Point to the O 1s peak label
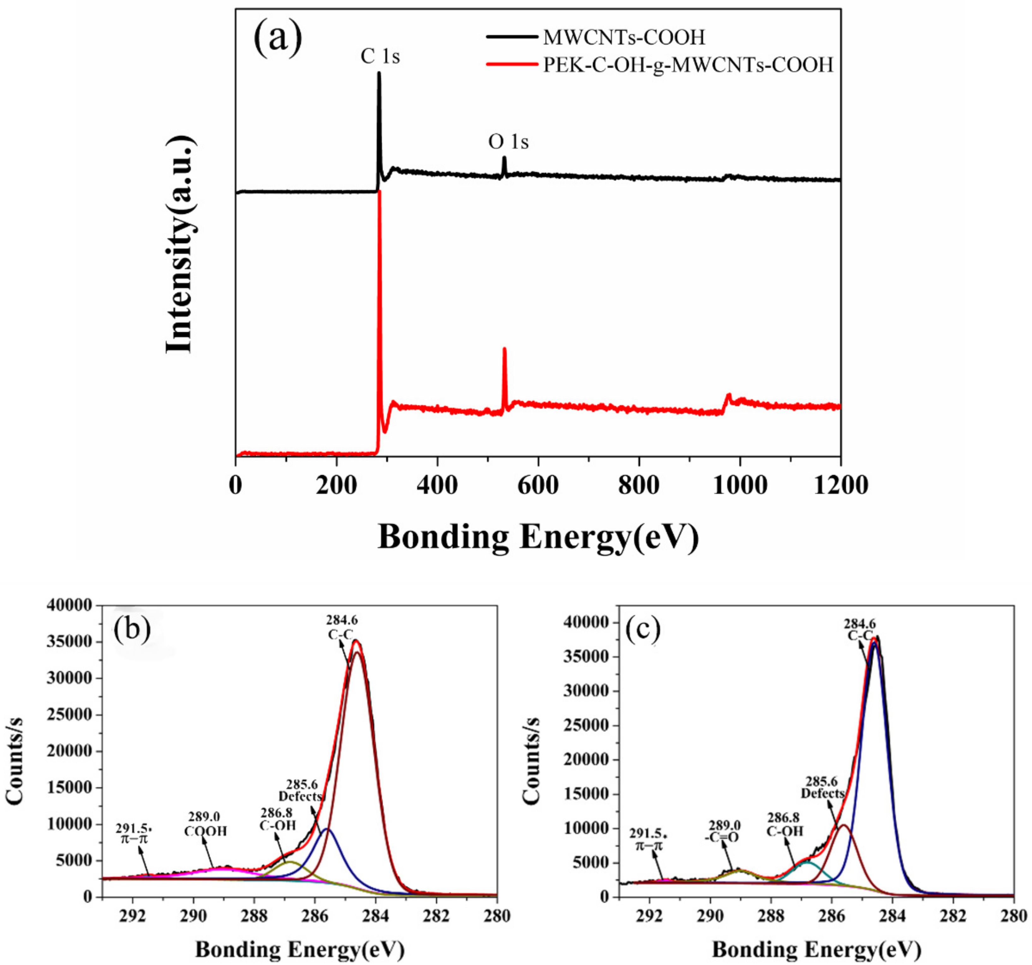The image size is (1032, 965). pyautogui.click(x=508, y=142)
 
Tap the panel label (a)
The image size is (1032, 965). pyautogui.click(x=278, y=38)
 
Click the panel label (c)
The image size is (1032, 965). pyautogui.click(x=643, y=629)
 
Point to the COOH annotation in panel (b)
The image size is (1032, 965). pyautogui.click(x=206, y=831)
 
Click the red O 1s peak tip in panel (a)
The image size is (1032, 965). pyautogui.click(x=504, y=349)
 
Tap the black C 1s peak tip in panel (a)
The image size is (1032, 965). pyautogui.click(x=379, y=73)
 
